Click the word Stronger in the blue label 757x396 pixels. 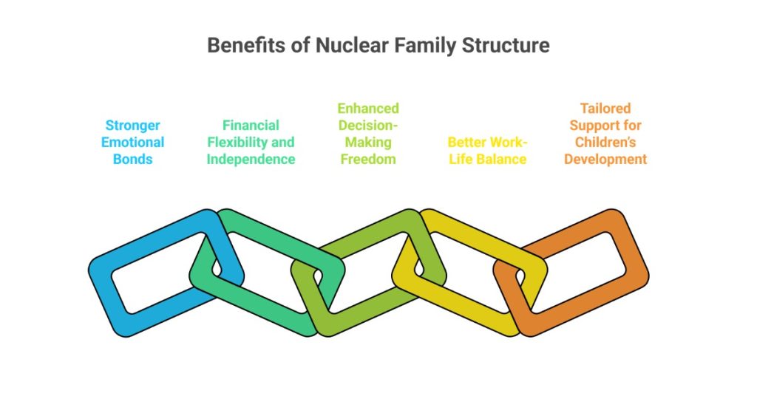coord(132,125)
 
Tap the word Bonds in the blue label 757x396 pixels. coord(132,159)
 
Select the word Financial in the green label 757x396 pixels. coord(251,125)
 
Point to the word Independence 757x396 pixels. coord(251,159)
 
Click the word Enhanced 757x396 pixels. coord(368,108)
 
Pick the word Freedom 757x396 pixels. coord(368,159)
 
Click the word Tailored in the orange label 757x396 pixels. coord(605,108)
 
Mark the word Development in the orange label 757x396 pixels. coord(605,159)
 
